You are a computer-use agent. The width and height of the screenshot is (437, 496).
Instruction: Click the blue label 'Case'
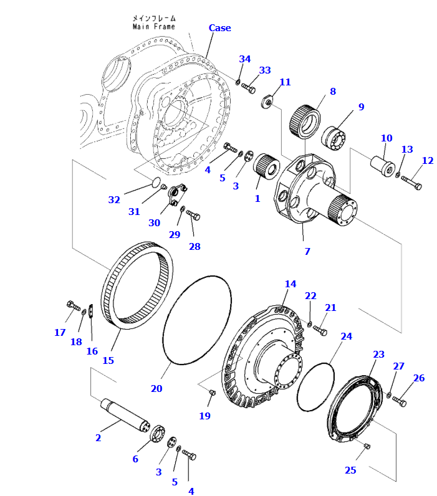(x=219, y=27)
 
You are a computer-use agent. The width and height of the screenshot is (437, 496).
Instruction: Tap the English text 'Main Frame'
(x=153, y=27)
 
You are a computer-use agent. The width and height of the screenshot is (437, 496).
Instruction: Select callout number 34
(x=245, y=59)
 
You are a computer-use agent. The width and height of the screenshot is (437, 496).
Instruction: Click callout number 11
(x=285, y=82)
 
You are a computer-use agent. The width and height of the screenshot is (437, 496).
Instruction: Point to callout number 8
(x=333, y=92)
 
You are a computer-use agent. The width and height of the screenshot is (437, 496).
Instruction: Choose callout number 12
(x=427, y=161)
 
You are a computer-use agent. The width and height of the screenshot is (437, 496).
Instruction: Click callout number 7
(x=307, y=251)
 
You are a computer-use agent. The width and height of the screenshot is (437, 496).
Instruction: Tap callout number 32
(x=113, y=200)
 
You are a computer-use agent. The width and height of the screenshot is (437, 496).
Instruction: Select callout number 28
(x=194, y=246)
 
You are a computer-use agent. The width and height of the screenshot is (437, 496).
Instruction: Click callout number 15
(x=108, y=360)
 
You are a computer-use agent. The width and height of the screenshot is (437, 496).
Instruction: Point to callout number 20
(x=156, y=388)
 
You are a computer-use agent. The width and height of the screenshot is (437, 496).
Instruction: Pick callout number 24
(x=346, y=336)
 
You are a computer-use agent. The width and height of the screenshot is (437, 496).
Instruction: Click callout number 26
(x=419, y=378)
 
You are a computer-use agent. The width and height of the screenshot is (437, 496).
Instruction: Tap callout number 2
(x=98, y=437)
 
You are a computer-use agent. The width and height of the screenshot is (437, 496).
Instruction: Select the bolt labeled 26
(x=400, y=403)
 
